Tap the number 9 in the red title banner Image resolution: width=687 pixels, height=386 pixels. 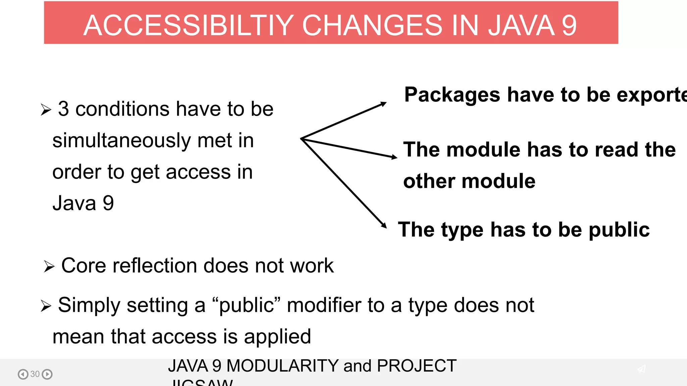coord(569,25)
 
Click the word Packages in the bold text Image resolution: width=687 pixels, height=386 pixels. coord(452,95)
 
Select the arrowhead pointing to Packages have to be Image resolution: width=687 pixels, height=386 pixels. coord(383,104)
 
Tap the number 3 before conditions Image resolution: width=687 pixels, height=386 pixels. coord(63,109)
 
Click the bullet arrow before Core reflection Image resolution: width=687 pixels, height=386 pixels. coord(49,267)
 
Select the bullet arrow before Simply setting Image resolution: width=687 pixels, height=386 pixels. coord(46,306)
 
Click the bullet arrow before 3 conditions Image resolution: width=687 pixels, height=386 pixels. coord(46,110)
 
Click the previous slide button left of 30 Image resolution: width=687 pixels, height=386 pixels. coord(23,374)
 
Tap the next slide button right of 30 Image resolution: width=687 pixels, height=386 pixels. coord(47,374)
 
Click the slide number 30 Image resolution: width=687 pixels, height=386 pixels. coord(35,374)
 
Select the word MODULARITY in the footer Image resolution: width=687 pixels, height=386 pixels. coord(282,366)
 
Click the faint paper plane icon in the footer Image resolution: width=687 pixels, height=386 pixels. coord(641,369)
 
